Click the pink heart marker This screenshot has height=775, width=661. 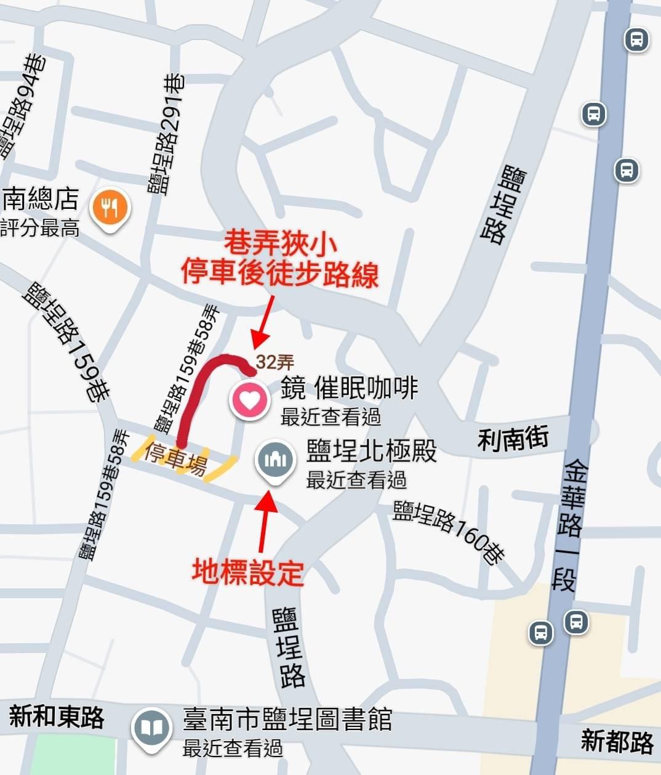click(x=249, y=400)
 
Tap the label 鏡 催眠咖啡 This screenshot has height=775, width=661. click(x=349, y=388)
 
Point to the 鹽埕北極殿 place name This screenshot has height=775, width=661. click(x=371, y=451)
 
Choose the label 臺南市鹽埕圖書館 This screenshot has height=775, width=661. click(x=287, y=719)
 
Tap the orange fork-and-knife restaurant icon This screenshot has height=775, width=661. click(x=110, y=208)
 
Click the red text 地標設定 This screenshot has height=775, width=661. click(x=248, y=572)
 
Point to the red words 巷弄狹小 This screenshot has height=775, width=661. click(x=280, y=243)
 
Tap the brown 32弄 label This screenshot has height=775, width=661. click(x=274, y=362)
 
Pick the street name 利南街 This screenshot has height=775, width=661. click(x=513, y=439)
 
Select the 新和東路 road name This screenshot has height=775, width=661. click(x=57, y=716)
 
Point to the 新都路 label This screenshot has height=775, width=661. click(x=617, y=742)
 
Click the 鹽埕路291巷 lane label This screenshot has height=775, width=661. click(x=166, y=134)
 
